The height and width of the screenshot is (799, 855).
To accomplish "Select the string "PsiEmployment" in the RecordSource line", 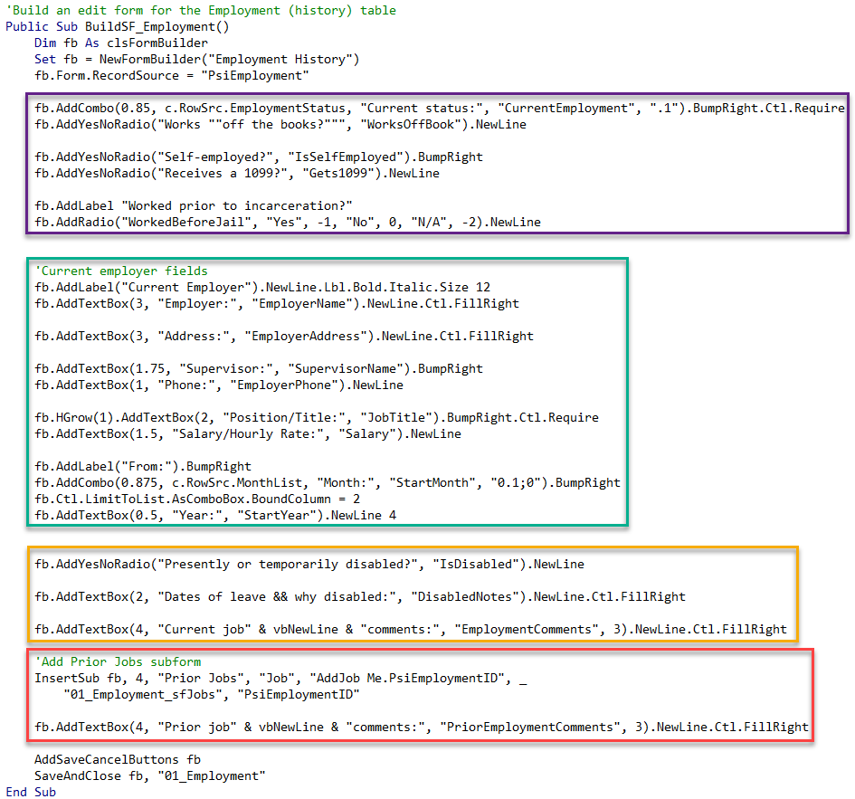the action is click(x=255, y=75).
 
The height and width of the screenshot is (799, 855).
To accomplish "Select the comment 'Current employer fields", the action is click(x=121, y=271).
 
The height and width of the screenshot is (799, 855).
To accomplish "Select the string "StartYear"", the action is click(x=277, y=516).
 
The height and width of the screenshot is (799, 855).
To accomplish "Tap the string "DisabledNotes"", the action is click(x=464, y=596).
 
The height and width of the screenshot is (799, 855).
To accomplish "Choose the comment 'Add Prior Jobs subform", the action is click(x=118, y=662).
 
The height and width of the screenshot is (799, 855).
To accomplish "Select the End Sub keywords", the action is click(x=31, y=792).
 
